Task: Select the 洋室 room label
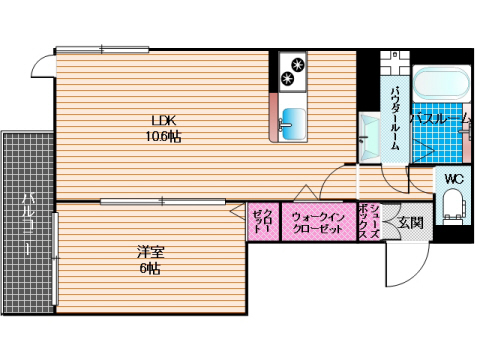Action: coord(151,252)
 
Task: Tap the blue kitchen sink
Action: coord(294,122)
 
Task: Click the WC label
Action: coord(453,180)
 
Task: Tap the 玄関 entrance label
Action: coord(410,222)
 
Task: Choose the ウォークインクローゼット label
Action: coord(319,221)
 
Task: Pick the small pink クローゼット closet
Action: coord(262,221)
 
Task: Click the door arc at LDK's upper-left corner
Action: coord(42,66)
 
